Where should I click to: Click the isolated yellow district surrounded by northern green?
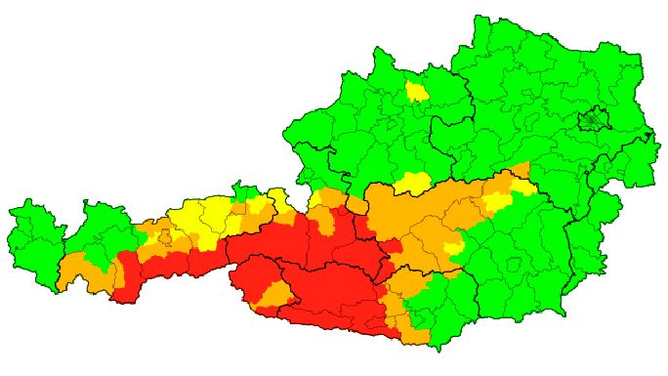(417, 92)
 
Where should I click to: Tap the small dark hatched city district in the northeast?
(592, 121)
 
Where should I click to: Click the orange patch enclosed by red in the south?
(276, 294)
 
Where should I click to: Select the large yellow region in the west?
(200, 220)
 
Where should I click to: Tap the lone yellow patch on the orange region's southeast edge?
(452, 250)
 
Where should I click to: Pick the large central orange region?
(430, 220)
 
